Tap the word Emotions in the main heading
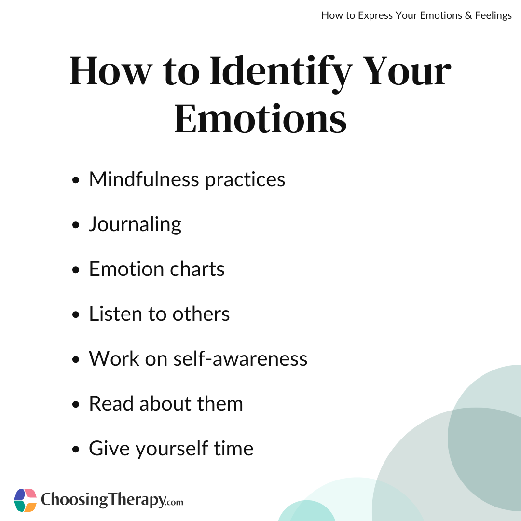(x=260, y=119)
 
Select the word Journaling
(x=135, y=225)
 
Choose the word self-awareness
(x=240, y=358)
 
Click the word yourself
(x=172, y=449)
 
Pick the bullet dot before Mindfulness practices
(x=76, y=180)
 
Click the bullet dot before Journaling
(x=76, y=225)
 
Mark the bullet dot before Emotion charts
(x=76, y=270)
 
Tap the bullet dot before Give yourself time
(x=76, y=449)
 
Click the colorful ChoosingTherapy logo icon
(x=25, y=500)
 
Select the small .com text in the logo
(x=174, y=502)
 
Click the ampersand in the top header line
(x=468, y=15)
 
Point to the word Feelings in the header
(x=493, y=16)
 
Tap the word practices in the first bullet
(x=245, y=180)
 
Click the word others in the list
(x=201, y=314)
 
